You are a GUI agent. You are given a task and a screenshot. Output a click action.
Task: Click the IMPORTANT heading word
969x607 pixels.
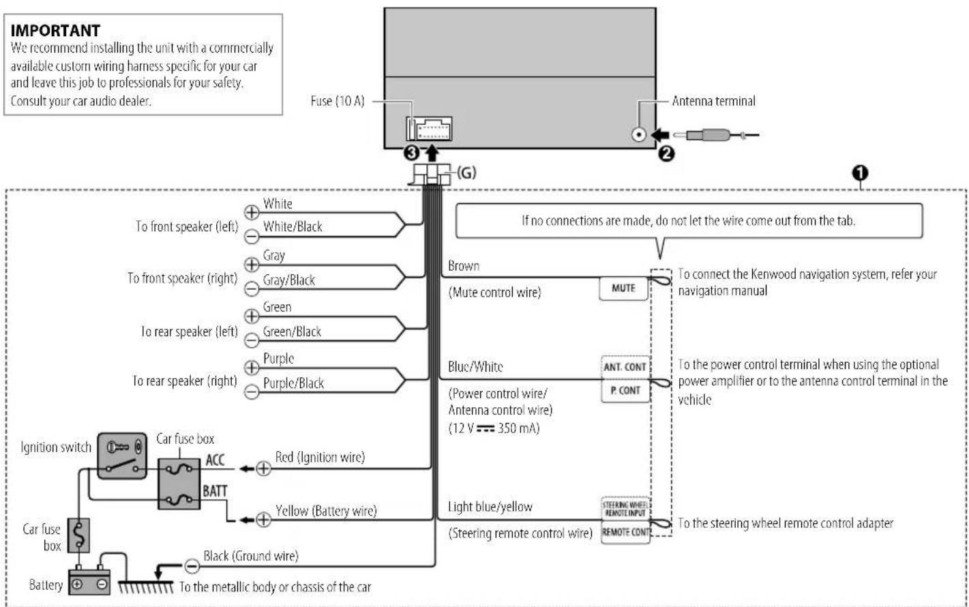(x=55, y=31)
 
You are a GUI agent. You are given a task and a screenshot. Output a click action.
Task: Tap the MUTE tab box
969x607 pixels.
(x=623, y=288)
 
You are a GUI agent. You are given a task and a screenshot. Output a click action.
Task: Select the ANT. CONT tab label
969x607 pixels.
(x=625, y=368)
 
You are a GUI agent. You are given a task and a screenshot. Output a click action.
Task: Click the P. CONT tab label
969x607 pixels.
(x=625, y=391)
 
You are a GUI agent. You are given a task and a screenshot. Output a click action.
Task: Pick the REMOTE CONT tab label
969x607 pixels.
(x=625, y=532)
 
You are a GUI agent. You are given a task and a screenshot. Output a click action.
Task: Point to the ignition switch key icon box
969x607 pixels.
(x=122, y=456)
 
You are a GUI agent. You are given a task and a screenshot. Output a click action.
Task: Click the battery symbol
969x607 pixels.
(x=89, y=580)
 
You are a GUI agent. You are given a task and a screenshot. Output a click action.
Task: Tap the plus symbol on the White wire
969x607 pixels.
(x=252, y=212)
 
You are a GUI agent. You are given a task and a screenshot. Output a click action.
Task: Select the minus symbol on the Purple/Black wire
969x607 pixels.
(x=252, y=392)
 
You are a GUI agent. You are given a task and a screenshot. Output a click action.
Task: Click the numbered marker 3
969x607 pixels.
(x=411, y=153)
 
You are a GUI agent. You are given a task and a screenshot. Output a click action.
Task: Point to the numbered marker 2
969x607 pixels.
(x=666, y=153)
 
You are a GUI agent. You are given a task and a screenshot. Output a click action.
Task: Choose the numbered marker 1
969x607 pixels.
(x=860, y=173)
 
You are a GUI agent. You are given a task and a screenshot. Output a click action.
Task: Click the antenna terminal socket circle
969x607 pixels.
(x=638, y=134)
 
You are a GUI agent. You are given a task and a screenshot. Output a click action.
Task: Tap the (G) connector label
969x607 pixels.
(x=466, y=173)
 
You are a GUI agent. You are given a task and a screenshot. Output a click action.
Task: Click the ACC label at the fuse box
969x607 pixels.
(x=215, y=460)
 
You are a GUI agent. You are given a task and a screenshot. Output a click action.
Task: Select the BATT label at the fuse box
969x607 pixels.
(x=215, y=491)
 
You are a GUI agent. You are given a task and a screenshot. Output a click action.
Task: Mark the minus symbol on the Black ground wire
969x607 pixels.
(x=192, y=566)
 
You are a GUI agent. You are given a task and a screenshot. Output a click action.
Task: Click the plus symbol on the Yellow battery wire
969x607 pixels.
(x=263, y=520)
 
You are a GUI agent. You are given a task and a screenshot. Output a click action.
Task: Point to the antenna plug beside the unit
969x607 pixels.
(x=717, y=136)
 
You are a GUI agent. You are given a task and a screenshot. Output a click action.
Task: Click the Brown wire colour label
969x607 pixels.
(x=464, y=265)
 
